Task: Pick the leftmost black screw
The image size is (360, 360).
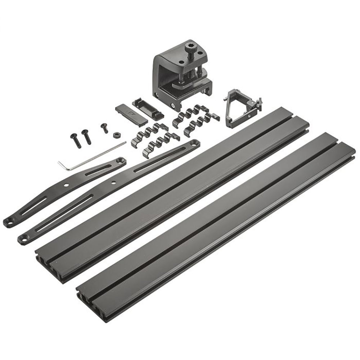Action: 75,140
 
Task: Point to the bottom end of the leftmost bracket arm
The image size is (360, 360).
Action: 8,222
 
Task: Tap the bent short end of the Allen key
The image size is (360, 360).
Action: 60,165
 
